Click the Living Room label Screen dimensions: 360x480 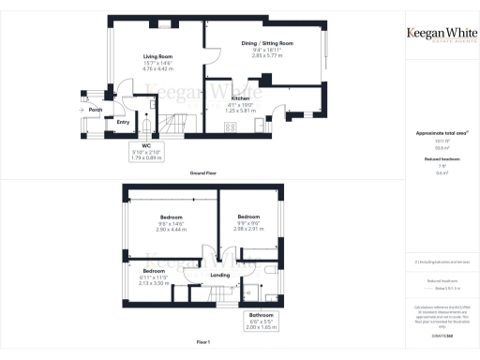pos(155,55)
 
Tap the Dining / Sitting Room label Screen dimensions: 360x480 pos(268,43)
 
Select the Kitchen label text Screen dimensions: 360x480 pos(240,97)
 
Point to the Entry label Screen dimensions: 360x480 pos(123,121)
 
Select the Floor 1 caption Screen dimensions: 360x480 pos(202,343)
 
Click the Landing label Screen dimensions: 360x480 pos(220,275)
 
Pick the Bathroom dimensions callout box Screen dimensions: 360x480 pos(261,321)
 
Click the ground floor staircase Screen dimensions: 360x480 pos(174,123)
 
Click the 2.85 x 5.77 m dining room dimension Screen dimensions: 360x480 pos(268,55)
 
